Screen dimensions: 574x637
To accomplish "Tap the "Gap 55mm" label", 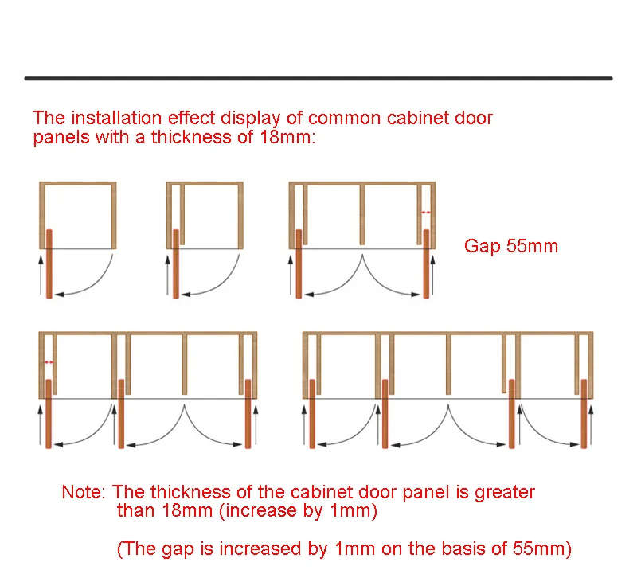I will click(x=511, y=246).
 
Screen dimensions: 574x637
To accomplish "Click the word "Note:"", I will click(x=85, y=493).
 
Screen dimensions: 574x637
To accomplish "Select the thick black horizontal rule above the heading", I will click(x=318, y=78).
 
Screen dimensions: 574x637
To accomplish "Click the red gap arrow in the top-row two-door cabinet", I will click(x=426, y=213).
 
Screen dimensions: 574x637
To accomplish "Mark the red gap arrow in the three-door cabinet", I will click(x=49, y=362).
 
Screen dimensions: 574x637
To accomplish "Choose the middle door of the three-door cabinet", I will click(x=121, y=414).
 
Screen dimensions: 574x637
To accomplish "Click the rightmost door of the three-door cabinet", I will click(x=248, y=414).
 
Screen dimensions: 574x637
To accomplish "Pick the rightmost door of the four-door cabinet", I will click(x=584, y=414).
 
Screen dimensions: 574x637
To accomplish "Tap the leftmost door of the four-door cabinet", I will click(x=312, y=414).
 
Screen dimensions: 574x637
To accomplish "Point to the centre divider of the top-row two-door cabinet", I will click(x=362, y=215).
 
